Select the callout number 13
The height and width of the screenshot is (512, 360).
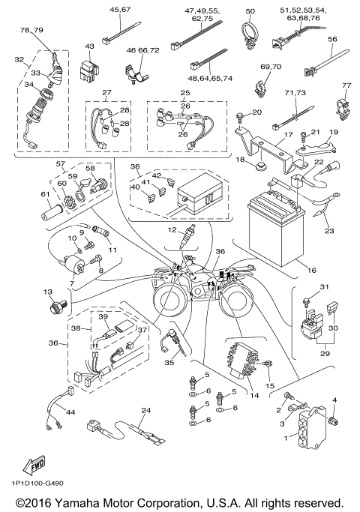[48, 292]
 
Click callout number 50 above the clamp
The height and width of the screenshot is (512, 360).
[250, 11]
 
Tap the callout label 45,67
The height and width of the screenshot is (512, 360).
[120, 9]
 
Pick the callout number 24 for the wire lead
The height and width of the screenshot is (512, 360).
[146, 411]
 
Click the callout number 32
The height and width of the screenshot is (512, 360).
[19, 58]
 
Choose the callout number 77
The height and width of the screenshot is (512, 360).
[346, 85]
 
